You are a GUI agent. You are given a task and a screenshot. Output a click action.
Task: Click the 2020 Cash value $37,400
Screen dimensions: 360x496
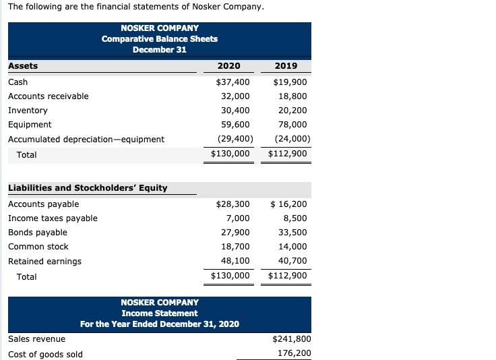(x=232, y=82)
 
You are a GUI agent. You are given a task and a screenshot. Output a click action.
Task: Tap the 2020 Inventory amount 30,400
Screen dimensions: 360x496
(x=235, y=110)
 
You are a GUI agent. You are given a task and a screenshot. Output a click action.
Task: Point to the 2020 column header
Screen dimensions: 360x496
(x=229, y=66)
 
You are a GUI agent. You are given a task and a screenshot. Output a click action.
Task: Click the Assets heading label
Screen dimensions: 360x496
(x=23, y=66)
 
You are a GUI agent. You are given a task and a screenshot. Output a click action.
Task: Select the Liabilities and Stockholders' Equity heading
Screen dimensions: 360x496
(x=88, y=187)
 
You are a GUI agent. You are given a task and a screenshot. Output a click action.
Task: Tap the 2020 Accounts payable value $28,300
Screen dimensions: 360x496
(x=232, y=204)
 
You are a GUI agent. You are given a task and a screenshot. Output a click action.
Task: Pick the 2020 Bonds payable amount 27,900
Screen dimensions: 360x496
(x=235, y=232)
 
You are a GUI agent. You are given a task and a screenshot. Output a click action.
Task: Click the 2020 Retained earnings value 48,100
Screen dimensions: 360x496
(x=235, y=261)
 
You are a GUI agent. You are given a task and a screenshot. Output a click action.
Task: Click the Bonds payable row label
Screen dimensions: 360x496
(x=38, y=232)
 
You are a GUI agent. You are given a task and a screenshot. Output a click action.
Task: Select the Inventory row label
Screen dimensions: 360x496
(x=28, y=110)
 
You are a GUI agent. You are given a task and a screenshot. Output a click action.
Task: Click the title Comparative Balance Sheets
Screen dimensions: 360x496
(x=160, y=38)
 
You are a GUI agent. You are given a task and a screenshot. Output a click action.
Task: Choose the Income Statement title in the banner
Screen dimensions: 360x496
(x=160, y=313)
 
